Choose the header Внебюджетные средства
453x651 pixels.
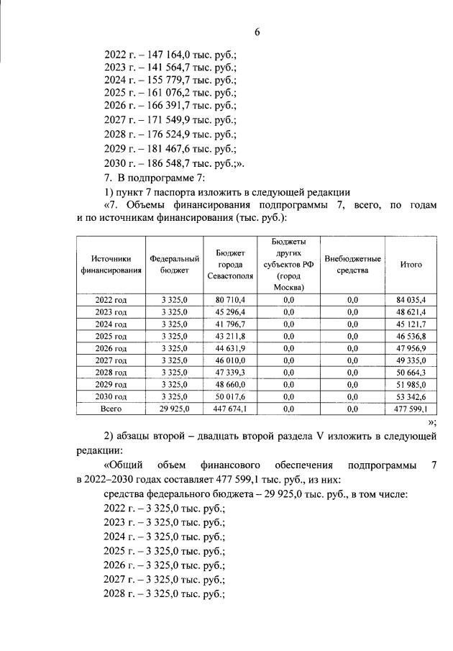pos(352,264)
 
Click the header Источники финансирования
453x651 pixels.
pos(111,264)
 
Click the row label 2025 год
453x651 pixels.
pos(111,335)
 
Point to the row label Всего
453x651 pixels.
pos(111,409)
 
